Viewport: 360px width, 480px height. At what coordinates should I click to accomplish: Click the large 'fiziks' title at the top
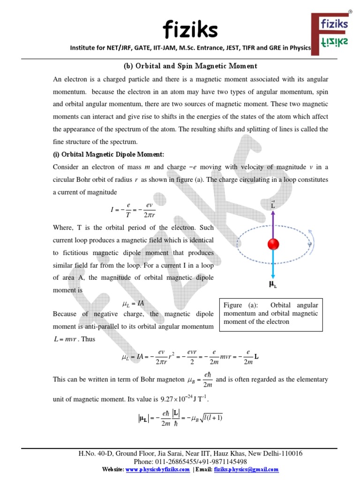coord(190,30)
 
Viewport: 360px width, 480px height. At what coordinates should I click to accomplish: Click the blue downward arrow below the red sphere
coord(273,264)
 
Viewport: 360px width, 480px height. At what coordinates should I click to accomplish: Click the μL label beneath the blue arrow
coord(273,284)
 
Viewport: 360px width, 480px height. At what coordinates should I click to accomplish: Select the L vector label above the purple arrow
coord(273,205)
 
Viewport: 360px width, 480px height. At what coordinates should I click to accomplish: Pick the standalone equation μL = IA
coord(133,304)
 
